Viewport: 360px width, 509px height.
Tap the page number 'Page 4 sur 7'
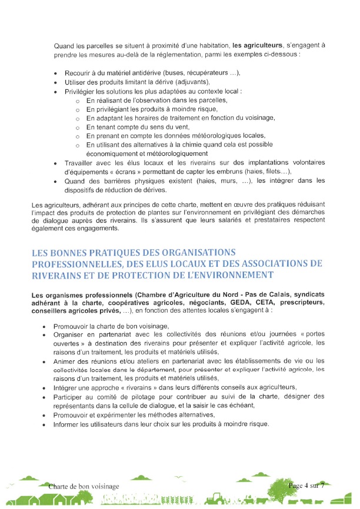(x=310, y=485)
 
